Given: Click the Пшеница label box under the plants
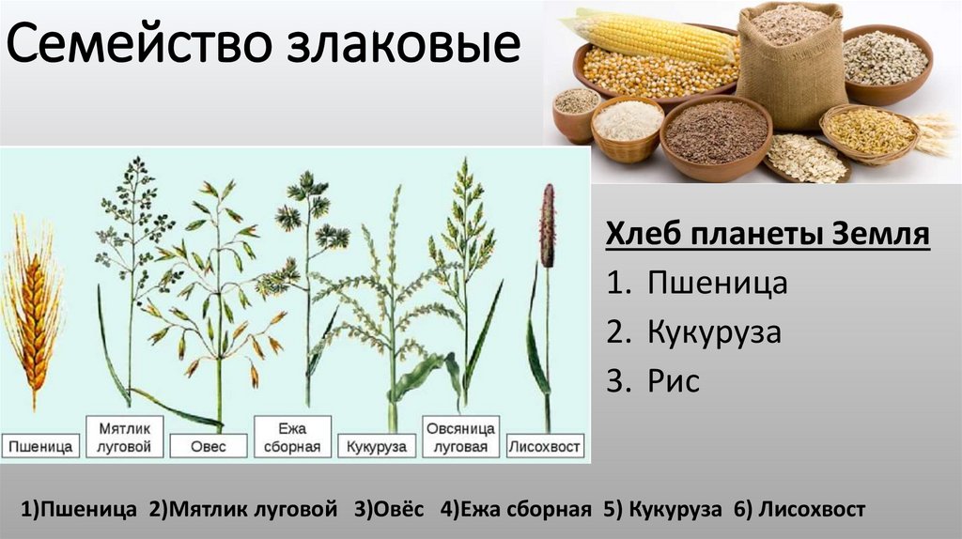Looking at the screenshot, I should pos(39,446).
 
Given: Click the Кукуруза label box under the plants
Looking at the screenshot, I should pos(377,446).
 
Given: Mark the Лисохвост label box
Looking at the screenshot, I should pos(545,446).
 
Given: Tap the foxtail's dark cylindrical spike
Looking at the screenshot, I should pos(547,225).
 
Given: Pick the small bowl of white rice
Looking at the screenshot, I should pos(628,122).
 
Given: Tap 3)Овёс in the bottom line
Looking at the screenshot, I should pos(389,510).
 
